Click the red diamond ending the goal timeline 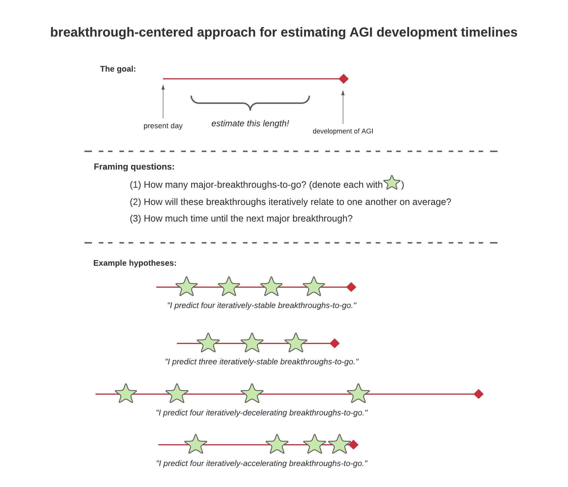[343, 79]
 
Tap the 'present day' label [163, 126]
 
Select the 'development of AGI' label [343, 131]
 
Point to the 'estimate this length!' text [250, 123]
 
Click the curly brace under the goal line [250, 103]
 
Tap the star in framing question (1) [392, 183]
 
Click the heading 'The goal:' [118, 69]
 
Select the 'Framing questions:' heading [134, 167]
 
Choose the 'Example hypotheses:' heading [135, 263]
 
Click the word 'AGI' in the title [361, 32]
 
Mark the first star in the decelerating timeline [126, 394]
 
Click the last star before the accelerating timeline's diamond [339, 444]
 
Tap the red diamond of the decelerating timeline [478, 394]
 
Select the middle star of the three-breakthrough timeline [252, 343]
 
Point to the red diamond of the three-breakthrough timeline [334, 343]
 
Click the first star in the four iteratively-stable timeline [186, 287]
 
